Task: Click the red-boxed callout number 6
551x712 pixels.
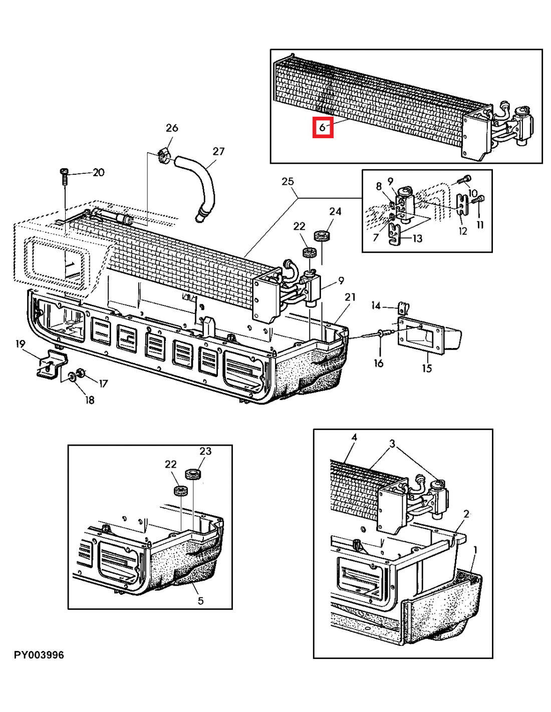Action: point(322,127)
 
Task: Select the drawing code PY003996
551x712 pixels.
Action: point(39,655)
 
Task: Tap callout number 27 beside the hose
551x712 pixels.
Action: point(218,151)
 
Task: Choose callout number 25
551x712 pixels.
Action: point(288,181)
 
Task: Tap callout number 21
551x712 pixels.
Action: point(350,297)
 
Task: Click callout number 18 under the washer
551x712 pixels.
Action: point(89,400)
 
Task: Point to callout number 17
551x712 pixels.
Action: point(103,384)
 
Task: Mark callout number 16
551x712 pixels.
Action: point(379,363)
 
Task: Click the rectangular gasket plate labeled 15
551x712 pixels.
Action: point(420,333)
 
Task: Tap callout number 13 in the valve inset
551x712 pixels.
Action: point(417,238)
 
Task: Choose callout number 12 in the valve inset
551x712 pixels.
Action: point(463,231)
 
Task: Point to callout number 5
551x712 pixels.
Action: point(200,600)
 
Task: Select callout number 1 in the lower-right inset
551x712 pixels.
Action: point(475,550)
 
